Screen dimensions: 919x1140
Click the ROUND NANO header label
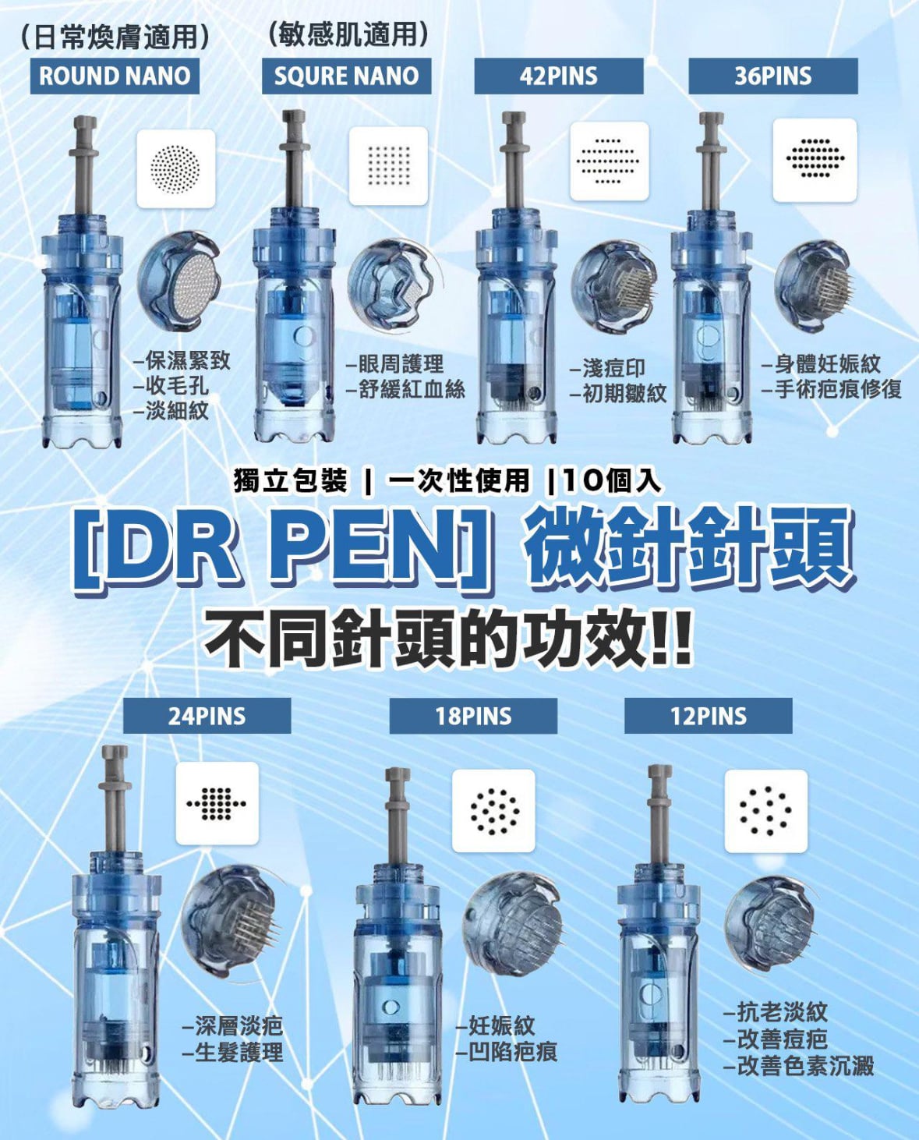(115, 76)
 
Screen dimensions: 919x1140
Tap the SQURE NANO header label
(346, 76)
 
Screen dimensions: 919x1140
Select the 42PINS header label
(558, 76)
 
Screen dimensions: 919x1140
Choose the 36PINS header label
(772, 76)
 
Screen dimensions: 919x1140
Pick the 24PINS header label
(207, 716)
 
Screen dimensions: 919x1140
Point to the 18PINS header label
(474, 716)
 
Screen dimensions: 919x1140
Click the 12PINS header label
(709, 716)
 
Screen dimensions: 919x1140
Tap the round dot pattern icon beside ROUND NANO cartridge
(176, 168)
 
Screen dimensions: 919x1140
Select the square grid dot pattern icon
(388, 166)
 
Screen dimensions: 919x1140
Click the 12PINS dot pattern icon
(766, 811)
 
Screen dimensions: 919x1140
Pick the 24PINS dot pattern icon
(217, 804)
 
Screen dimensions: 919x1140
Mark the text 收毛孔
(172, 386)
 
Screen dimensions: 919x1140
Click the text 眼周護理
(395, 364)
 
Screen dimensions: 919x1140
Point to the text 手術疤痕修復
(832, 389)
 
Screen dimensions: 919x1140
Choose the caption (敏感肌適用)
(347, 36)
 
